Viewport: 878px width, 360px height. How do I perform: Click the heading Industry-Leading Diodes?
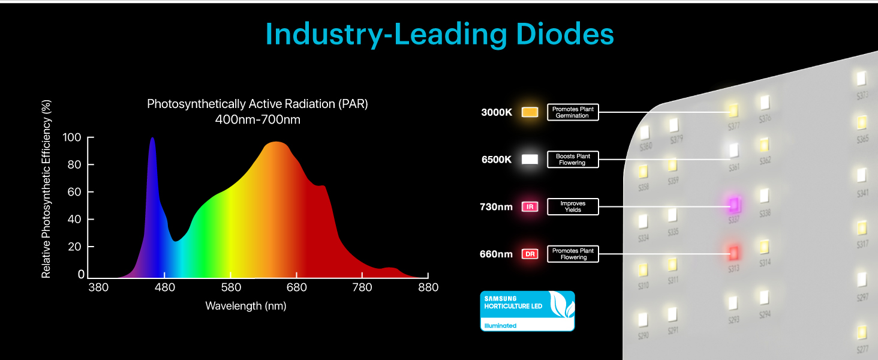[x=439, y=34]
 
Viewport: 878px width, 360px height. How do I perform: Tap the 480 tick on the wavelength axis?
[x=165, y=287]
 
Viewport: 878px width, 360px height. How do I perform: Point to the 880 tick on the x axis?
[x=427, y=287]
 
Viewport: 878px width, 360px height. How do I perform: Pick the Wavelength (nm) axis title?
[x=246, y=306]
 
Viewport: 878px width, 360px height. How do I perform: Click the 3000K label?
[x=497, y=112]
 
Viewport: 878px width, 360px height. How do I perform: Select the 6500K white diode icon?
[x=530, y=160]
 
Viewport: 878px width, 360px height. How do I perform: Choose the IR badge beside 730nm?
[x=530, y=207]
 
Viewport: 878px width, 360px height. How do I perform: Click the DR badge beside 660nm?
[x=530, y=254]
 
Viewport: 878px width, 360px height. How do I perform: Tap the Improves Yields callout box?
[x=573, y=207]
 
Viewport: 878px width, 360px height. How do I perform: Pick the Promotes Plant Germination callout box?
[x=573, y=112]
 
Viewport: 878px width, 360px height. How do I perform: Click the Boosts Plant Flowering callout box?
[x=573, y=160]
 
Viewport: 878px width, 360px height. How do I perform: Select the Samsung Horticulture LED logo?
[x=527, y=311]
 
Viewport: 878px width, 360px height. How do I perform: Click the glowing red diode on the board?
[x=733, y=252]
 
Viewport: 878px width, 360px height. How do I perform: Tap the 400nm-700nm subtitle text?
[x=257, y=119]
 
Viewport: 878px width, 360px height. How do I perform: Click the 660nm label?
[x=496, y=254]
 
